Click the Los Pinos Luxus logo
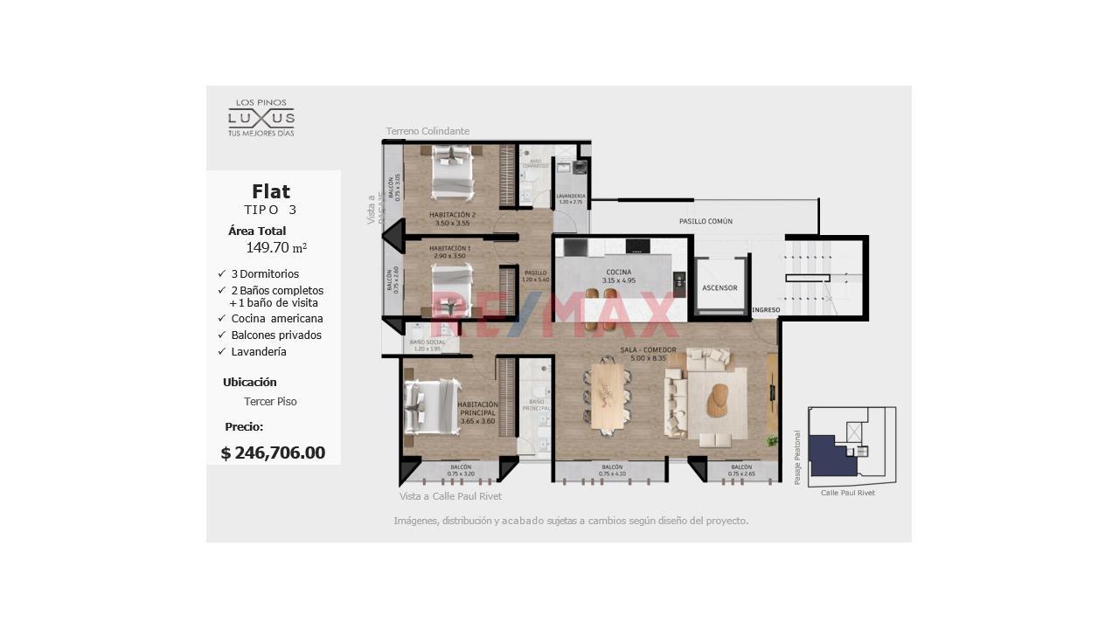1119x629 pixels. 261,117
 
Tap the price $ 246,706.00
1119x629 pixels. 273,453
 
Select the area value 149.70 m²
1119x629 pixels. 276,248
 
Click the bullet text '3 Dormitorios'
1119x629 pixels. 265,273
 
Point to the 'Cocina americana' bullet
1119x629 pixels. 276,319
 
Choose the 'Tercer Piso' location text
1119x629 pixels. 270,402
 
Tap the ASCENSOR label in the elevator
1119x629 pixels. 719,287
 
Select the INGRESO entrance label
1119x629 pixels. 766,310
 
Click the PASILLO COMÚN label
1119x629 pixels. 705,221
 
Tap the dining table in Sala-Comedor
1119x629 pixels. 608,397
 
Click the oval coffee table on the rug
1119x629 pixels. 719,399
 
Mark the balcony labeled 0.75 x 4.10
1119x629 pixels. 611,470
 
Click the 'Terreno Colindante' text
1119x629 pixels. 427,131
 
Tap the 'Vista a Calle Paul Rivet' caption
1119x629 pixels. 450,496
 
